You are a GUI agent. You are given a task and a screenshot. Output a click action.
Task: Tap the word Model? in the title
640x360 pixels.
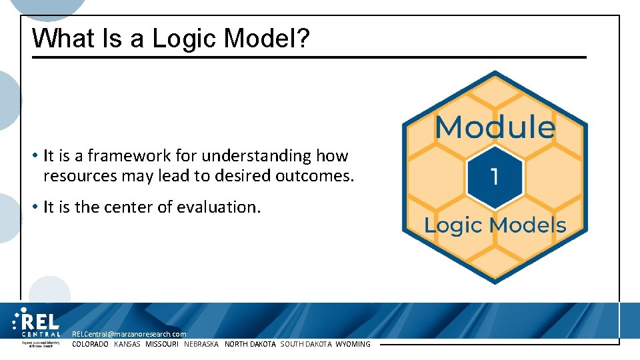tap(267, 39)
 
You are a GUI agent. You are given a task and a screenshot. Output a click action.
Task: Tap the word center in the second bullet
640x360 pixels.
tap(128, 207)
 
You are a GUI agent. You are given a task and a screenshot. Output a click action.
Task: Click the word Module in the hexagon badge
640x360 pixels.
tap(495, 127)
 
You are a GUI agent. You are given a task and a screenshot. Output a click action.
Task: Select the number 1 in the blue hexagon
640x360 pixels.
tap(494, 176)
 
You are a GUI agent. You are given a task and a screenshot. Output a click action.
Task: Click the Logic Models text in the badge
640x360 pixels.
tap(495, 225)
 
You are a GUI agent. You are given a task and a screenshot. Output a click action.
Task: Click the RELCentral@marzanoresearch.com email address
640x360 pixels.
tap(129, 334)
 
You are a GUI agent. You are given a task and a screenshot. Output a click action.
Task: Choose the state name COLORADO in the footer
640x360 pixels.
tap(90, 344)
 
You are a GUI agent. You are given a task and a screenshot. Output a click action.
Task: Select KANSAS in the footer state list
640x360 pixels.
tap(127, 344)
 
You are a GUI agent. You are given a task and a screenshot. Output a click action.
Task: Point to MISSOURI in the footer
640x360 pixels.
tap(162, 344)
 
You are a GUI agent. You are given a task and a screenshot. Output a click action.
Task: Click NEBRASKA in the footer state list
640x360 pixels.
tap(201, 344)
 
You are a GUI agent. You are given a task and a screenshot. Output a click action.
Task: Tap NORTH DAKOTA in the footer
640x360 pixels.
tap(250, 344)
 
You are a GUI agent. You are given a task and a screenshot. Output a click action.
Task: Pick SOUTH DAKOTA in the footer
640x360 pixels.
tap(305, 344)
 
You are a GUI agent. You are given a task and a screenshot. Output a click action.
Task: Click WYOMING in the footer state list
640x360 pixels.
tap(353, 344)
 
